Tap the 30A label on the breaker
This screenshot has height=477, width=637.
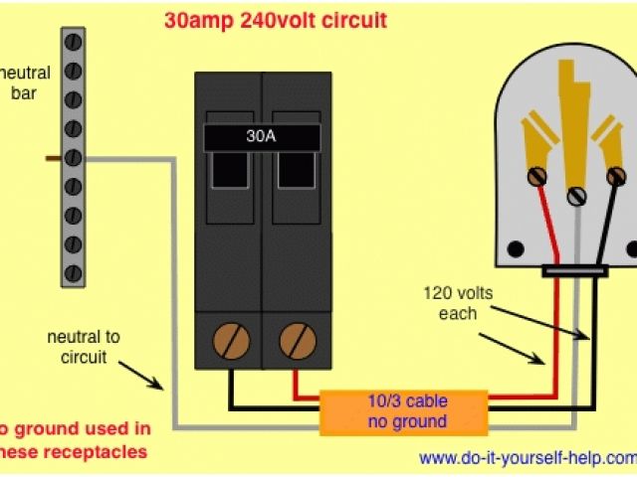262,138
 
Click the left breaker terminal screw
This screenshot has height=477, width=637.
232,342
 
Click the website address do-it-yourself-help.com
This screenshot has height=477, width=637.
527,459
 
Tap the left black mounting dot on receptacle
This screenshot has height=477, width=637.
515,248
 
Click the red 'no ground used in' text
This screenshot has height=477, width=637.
76,429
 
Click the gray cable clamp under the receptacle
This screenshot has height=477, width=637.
575,270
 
